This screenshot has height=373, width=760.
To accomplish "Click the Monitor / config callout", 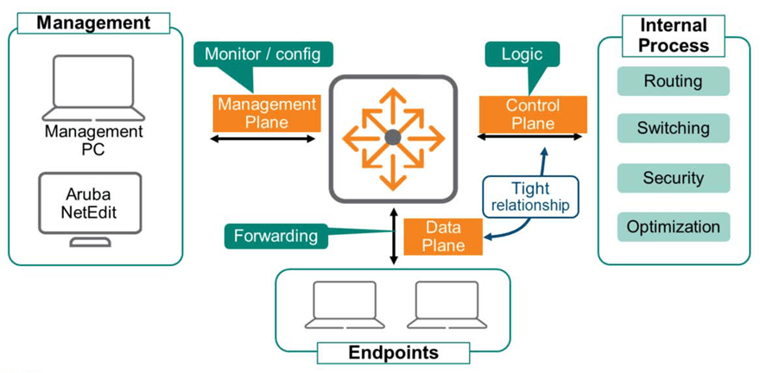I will coord(262,55).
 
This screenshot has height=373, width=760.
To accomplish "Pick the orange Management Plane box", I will coord(267,113).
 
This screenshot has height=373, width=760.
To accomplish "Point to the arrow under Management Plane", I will coord(267,138).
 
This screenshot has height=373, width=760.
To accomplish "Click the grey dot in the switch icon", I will coord(392,137).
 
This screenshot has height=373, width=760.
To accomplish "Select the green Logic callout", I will coord(521,55).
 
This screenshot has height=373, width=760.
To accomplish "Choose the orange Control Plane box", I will coord(533,114).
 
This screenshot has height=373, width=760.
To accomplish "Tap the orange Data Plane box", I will coord(444,237).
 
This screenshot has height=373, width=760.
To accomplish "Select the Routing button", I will coord(674,82).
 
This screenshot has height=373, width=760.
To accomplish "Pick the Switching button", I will coord(674,129).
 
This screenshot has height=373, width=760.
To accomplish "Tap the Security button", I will coord(674,178).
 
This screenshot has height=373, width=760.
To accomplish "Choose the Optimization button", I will coord(674,227).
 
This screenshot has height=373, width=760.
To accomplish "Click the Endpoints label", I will coord(393,352).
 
